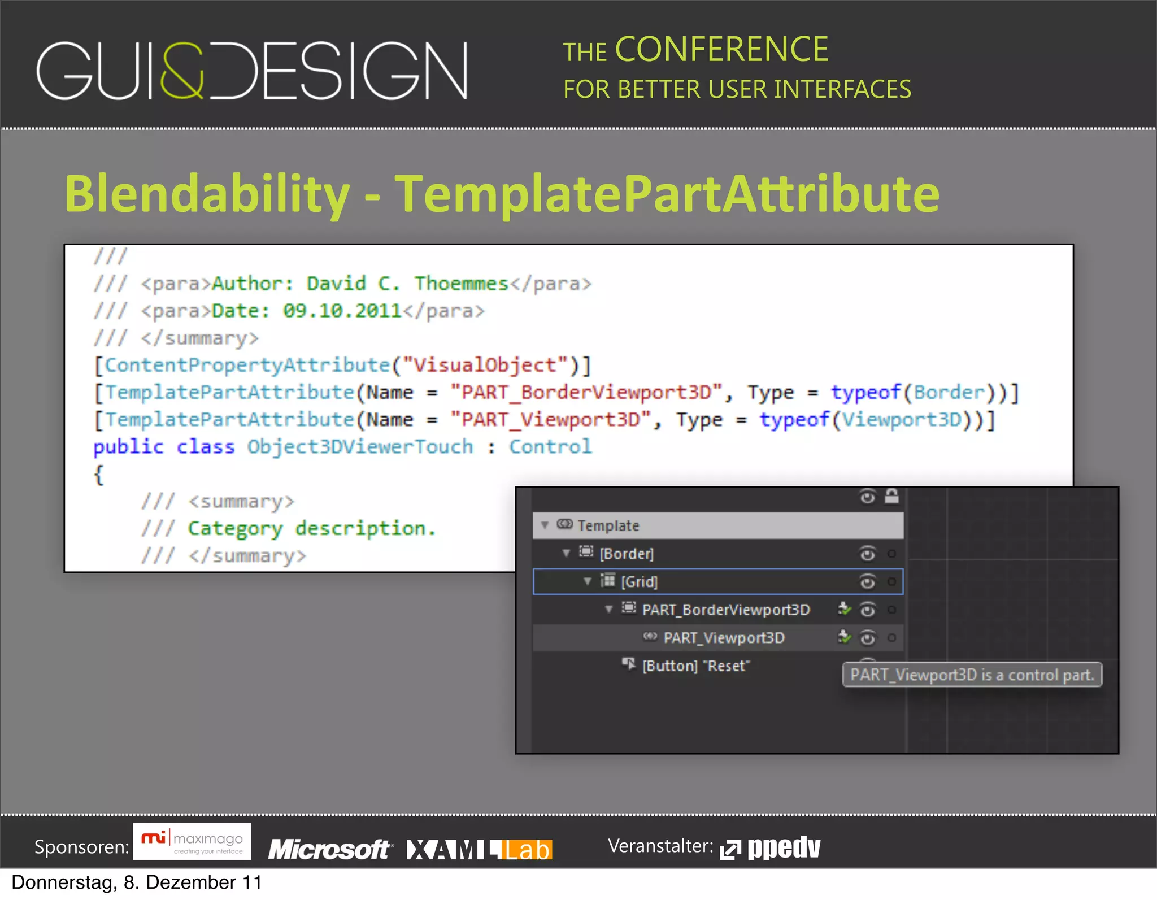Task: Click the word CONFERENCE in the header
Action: (x=721, y=50)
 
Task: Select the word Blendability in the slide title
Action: (x=207, y=194)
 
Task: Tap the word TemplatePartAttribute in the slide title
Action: (x=667, y=194)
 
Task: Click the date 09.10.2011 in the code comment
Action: (x=342, y=311)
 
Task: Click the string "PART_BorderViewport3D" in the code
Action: (x=586, y=392)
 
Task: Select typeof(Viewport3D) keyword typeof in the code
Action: (x=794, y=419)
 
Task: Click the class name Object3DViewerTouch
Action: (x=360, y=447)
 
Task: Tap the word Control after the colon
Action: (x=550, y=447)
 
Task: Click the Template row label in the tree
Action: (x=608, y=525)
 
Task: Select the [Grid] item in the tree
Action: (x=639, y=582)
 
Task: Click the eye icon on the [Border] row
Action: (x=867, y=554)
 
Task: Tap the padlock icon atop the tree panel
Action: (x=891, y=496)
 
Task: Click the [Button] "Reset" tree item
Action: (x=695, y=666)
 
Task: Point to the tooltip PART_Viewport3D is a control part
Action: (x=972, y=675)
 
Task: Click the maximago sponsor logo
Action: (x=192, y=842)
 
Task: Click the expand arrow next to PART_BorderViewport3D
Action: (x=608, y=609)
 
